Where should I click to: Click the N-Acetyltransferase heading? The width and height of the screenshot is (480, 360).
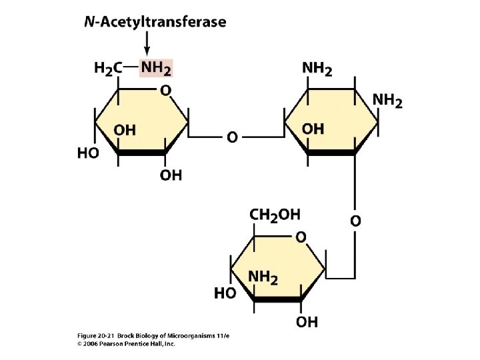point(155,22)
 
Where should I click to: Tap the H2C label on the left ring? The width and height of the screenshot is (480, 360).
point(108,68)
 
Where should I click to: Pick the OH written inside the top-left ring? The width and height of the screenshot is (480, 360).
point(125,131)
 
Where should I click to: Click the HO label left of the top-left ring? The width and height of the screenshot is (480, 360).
point(89,153)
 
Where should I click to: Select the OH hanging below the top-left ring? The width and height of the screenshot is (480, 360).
point(171,175)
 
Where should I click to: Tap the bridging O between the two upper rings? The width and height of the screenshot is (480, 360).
point(231,137)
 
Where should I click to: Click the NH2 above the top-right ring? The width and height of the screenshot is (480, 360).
point(317,68)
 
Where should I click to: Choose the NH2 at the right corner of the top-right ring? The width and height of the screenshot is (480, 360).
point(387,101)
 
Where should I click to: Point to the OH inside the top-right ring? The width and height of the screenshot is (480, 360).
point(313,129)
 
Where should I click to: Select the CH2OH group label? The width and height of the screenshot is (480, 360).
point(275,214)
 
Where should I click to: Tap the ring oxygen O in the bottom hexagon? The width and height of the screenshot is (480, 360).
point(301,237)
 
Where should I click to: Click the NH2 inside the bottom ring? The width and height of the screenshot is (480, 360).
point(263,277)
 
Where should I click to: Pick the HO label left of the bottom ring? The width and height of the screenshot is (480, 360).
point(225,293)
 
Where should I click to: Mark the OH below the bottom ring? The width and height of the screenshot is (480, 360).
point(307,322)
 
